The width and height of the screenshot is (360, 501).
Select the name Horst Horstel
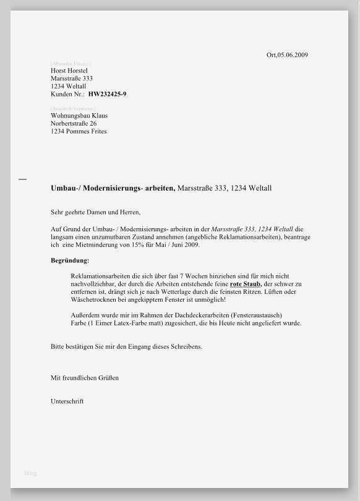[x=69, y=71]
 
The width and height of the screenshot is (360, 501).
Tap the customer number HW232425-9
[x=108, y=95]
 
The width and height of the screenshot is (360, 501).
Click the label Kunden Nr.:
[x=67, y=95]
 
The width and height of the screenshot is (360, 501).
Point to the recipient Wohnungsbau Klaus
[x=79, y=116]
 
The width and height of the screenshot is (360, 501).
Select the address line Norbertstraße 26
[x=74, y=124]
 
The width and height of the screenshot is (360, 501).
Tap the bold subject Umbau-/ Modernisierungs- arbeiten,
[x=113, y=188]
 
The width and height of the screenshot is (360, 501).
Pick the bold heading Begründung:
[x=70, y=260]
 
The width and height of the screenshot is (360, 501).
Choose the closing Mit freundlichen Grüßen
[x=85, y=377]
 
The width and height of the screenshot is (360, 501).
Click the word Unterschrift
[x=67, y=401]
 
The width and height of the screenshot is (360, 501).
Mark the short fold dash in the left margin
[x=23, y=179]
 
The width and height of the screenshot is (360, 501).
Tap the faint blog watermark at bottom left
[x=30, y=473]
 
